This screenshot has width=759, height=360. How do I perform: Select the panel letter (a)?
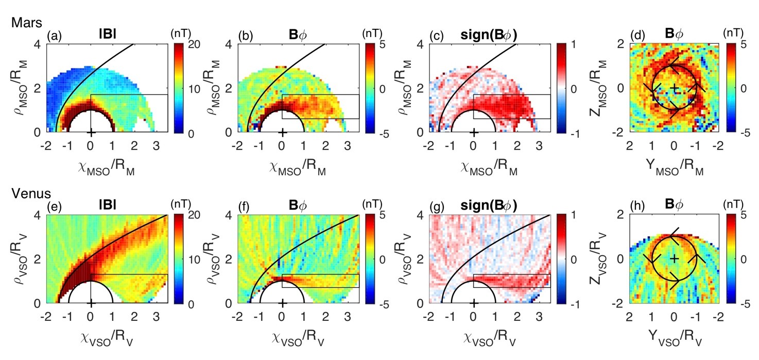click(x=53, y=37)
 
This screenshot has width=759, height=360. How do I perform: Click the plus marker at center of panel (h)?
click(x=674, y=258)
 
